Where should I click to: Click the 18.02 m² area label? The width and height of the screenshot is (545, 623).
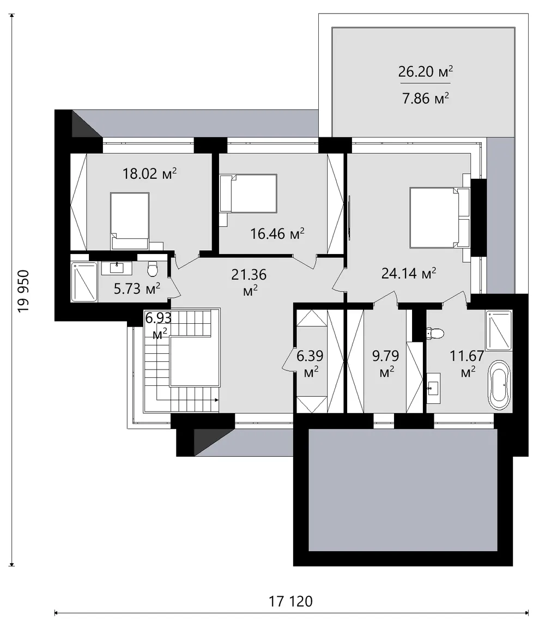149,174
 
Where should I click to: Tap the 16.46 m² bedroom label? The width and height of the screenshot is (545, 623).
277,234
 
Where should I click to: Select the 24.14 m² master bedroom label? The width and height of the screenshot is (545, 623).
409,273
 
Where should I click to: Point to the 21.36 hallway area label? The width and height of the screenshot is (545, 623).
249,282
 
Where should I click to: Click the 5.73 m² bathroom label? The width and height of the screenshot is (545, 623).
137,288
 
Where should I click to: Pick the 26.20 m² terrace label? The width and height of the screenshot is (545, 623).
426,71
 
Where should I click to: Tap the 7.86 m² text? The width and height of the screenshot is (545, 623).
426,98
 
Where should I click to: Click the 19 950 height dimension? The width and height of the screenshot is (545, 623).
23,291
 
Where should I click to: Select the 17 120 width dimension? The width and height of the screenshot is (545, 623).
291,601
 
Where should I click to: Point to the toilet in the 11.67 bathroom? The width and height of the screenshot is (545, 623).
434,333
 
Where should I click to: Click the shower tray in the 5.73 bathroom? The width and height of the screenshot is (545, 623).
84,282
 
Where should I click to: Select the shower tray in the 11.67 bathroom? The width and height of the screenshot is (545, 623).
499,330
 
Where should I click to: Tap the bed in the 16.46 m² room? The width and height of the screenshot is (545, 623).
249,193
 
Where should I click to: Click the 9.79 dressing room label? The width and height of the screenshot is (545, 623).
386,364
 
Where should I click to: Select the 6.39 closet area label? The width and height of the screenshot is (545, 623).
310,364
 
